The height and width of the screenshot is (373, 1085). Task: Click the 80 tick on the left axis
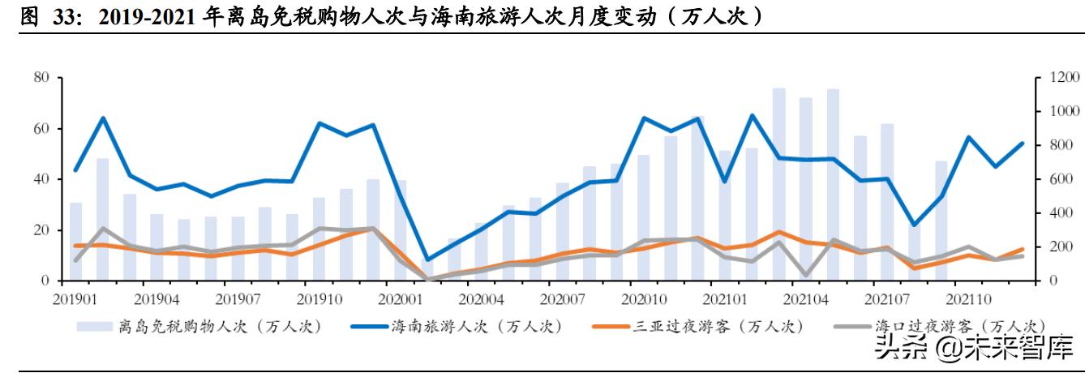coord(42,78)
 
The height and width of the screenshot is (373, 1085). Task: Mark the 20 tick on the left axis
coord(42,230)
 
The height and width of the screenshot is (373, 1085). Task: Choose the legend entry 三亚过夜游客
coord(697,327)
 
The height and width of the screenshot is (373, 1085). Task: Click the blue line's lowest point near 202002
coord(427,260)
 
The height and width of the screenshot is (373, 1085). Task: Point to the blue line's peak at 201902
coord(103,118)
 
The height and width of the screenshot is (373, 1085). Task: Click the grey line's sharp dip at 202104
coord(806,276)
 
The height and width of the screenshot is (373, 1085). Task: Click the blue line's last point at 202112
coord(1022,144)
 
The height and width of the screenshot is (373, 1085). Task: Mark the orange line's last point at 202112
coord(1022,249)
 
